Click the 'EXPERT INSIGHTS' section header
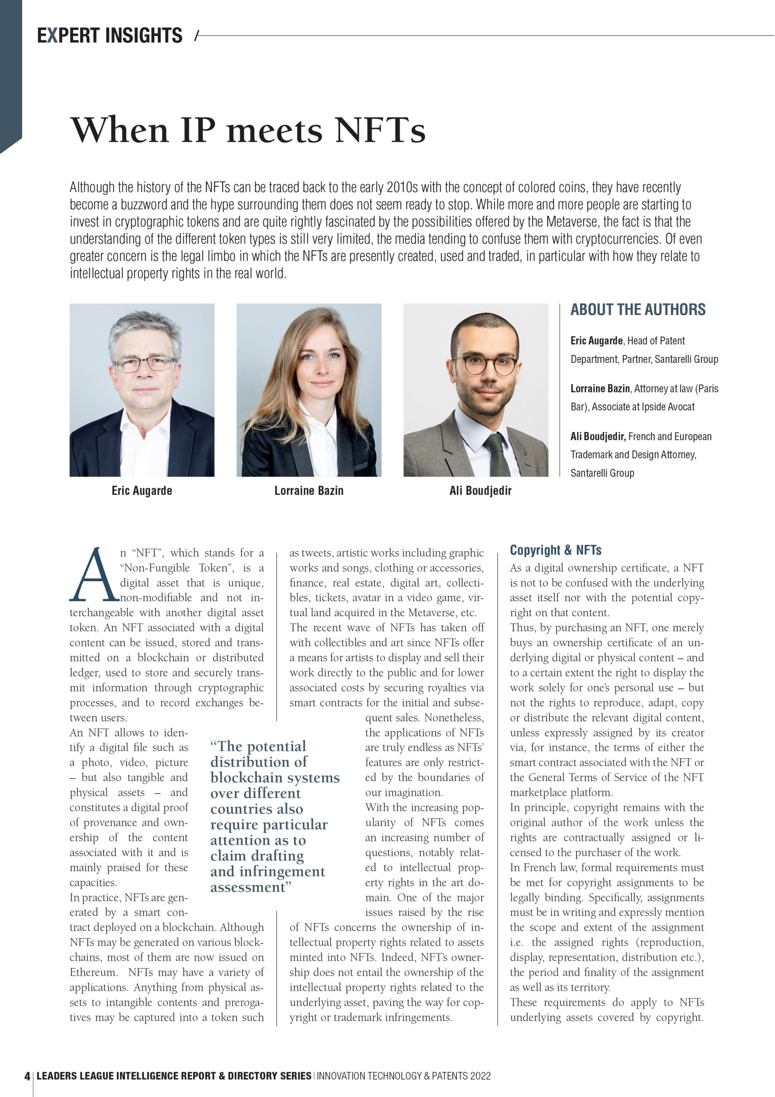point(110,36)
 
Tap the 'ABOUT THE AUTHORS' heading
point(638,310)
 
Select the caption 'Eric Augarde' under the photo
point(142,491)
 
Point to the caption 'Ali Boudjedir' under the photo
point(480,491)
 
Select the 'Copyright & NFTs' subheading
point(555,550)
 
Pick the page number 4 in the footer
point(27,1076)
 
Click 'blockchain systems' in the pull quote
point(274,777)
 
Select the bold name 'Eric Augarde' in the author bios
point(596,341)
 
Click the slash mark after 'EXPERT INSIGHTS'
point(197,36)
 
